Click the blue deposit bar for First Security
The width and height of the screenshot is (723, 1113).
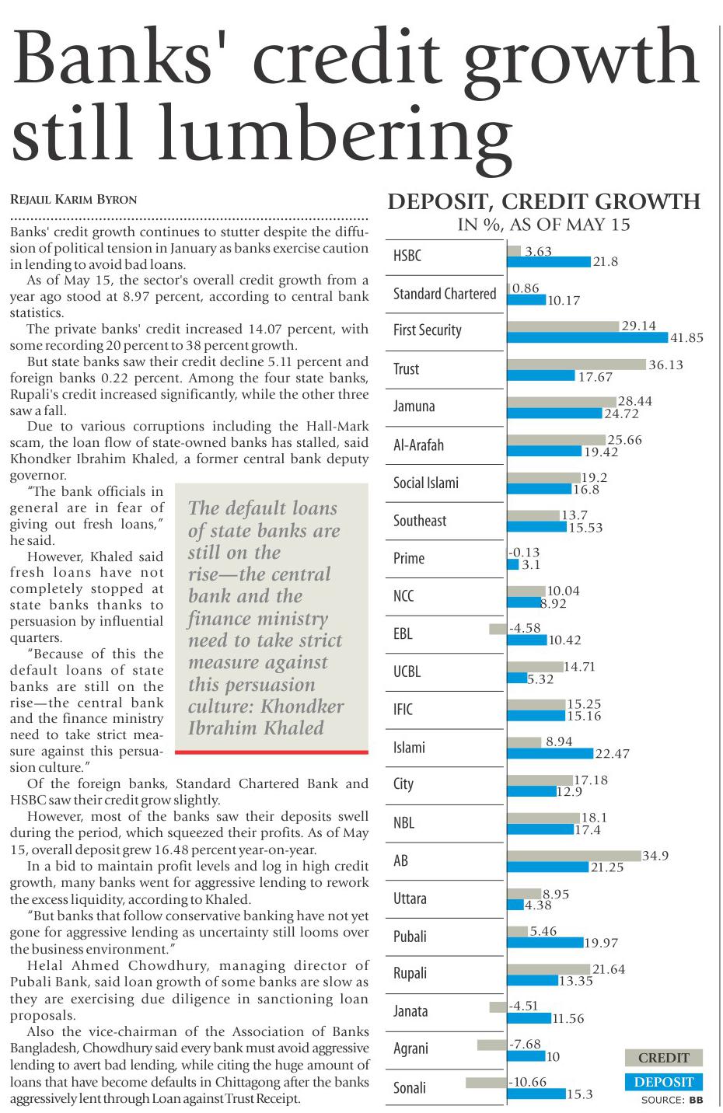pyautogui.click(x=587, y=337)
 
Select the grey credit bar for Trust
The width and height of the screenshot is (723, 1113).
pyautogui.click(x=576, y=365)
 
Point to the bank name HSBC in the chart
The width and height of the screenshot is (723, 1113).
pyautogui.click(x=407, y=256)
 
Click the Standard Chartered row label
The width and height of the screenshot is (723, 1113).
pyautogui.click(x=445, y=294)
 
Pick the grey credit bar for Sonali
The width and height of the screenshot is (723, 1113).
pyautogui.click(x=486, y=1082)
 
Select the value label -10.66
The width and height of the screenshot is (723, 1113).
pyautogui.click(x=528, y=1082)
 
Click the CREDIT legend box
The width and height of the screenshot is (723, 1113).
pyautogui.click(x=663, y=1058)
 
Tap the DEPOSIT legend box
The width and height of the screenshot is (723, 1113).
pyautogui.click(x=663, y=1082)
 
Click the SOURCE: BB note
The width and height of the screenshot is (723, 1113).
pyautogui.click(x=672, y=1100)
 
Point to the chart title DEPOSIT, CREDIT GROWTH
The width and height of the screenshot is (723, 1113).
pyautogui.click(x=544, y=203)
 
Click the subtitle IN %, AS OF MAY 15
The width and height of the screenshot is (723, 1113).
pyautogui.click(x=544, y=225)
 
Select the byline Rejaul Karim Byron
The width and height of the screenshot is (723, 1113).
pyautogui.click(x=73, y=200)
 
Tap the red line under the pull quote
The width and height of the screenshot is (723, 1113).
pyautogui.click(x=271, y=752)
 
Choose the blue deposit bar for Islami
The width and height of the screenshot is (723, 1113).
pyautogui.click(x=549, y=753)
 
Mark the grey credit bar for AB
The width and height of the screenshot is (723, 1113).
pyautogui.click(x=574, y=856)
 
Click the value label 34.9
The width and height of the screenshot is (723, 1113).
pyautogui.click(x=655, y=856)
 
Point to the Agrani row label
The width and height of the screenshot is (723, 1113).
pyautogui.click(x=410, y=1048)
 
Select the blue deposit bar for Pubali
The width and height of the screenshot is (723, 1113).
pyautogui.click(x=545, y=943)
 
